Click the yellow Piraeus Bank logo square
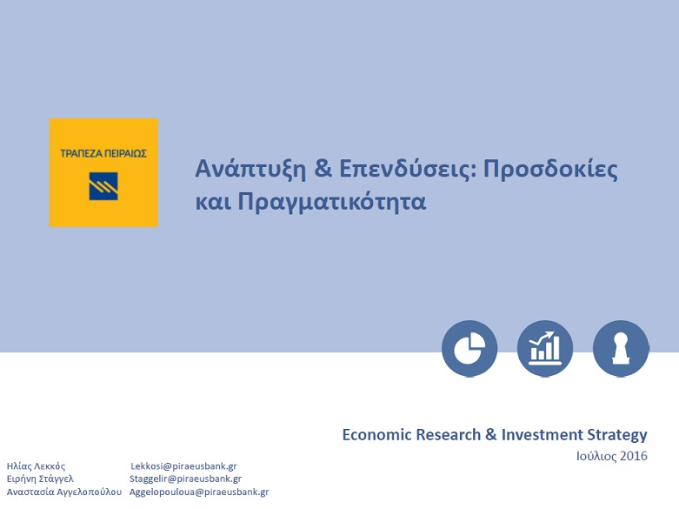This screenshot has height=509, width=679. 103,172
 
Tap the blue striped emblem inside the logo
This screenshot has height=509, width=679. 103,186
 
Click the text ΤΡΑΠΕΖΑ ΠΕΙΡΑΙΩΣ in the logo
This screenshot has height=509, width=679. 103,153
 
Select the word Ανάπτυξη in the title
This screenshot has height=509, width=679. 250,170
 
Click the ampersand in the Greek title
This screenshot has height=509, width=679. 323,168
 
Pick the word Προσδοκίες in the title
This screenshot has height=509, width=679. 550,169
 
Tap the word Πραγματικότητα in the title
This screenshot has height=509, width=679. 332,202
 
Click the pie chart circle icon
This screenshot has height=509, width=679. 469,349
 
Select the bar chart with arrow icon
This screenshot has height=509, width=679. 545,349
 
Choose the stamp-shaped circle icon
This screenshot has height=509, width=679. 621,349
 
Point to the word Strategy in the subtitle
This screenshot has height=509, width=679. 617,435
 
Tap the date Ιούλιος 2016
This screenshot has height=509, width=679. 611,456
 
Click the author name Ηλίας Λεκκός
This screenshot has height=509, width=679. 36,466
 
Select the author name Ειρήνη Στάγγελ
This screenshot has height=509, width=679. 40,479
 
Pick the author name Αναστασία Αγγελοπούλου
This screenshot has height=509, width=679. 64,492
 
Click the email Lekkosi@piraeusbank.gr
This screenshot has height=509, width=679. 183,466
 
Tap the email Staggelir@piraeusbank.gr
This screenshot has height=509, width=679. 185,479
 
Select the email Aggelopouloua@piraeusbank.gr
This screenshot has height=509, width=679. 199,492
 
